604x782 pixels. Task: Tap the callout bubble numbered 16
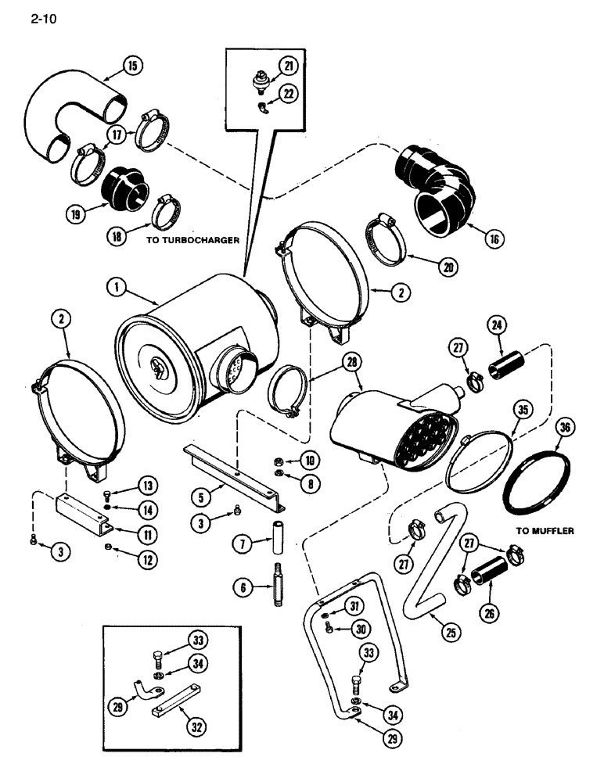pos(494,239)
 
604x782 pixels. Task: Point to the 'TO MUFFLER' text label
pos(545,530)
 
